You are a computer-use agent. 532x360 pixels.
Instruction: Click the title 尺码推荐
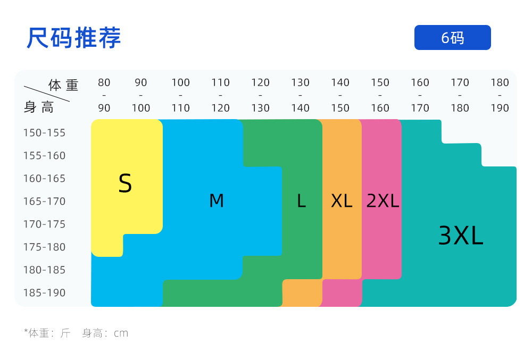(x=74, y=38)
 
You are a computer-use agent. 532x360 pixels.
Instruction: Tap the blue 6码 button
(x=452, y=38)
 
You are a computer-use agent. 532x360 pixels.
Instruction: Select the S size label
(x=125, y=183)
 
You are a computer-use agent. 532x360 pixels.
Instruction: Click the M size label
(x=217, y=201)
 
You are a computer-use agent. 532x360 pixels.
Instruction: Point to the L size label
(x=302, y=201)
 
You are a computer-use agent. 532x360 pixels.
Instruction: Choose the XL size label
(x=342, y=201)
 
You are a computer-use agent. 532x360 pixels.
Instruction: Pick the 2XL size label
(x=383, y=201)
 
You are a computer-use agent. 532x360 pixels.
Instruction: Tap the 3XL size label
(x=461, y=236)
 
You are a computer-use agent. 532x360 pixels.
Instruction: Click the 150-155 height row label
(x=44, y=132)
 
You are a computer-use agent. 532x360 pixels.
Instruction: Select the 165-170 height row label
(x=44, y=201)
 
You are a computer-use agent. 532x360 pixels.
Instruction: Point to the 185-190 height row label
(x=44, y=292)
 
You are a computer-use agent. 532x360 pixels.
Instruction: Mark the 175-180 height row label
(x=44, y=247)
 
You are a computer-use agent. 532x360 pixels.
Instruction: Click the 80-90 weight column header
(x=104, y=95)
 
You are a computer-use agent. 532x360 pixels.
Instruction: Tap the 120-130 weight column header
(x=261, y=95)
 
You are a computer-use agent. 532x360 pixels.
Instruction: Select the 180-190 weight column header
(x=500, y=95)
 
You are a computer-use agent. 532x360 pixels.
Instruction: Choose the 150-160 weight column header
(x=380, y=95)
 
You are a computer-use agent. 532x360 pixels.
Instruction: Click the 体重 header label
(x=63, y=85)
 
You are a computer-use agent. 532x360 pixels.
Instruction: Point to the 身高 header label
(x=39, y=107)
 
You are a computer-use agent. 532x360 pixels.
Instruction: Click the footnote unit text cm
(x=121, y=333)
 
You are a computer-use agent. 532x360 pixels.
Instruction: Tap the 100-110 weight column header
(x=181, y=95)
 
